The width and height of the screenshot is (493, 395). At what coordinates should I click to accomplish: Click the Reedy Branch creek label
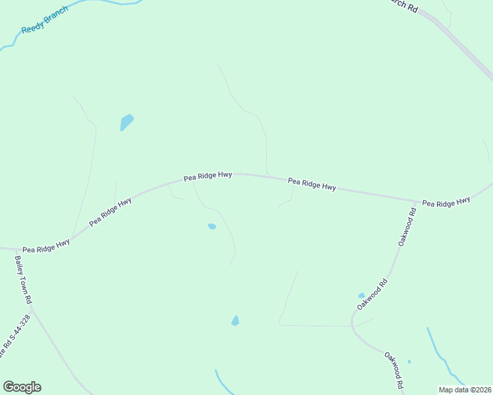coord(45,20)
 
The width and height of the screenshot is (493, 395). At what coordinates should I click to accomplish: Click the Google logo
coord(22,387)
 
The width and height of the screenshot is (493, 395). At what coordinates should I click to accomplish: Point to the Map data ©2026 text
coord(465,390)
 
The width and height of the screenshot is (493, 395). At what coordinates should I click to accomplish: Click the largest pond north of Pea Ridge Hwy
coord(126,122)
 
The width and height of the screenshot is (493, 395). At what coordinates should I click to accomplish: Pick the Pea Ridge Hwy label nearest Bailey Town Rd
coord(46,246)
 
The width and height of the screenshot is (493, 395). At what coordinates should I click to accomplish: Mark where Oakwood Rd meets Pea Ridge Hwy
coord(415,201)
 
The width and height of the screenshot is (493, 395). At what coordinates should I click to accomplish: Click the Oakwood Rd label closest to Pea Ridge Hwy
coord(407,227)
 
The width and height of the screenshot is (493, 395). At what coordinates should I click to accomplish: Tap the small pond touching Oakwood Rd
coord(361,296)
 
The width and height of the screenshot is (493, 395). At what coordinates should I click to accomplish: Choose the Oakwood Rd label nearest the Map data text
coord(394,370)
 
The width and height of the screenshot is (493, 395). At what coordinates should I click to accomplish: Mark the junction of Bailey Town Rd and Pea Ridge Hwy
coord(14,250)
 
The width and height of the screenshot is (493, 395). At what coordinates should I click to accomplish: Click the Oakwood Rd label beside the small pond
coord(372,294)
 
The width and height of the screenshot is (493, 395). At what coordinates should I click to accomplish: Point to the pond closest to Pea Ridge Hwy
coord(212,226)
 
